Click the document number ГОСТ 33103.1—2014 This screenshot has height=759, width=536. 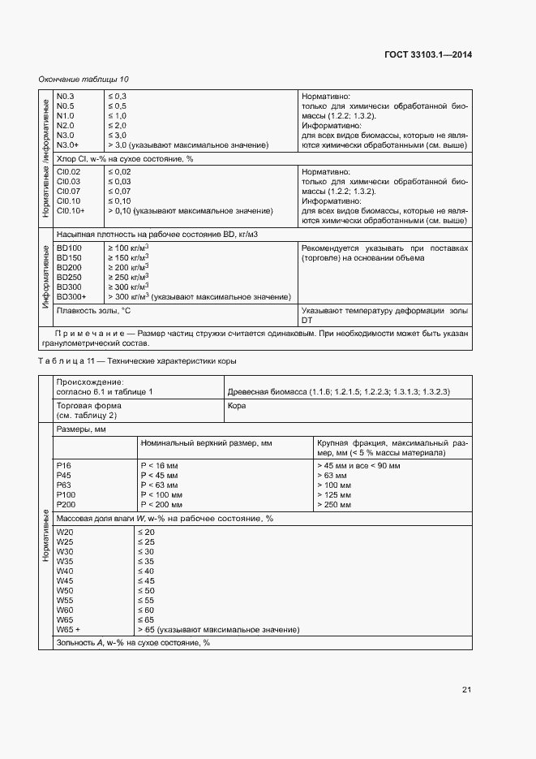pyautogui.click(x=428, y=54)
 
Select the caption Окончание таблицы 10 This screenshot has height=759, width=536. pyautogui.click(x=84, y=79)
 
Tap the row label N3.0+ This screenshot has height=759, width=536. pyautogui.click(x=68, y=144)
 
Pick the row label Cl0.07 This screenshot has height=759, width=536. pyautogui.click(x=68, y=192)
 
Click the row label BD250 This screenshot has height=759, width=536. pyautogui.click(x=69, y=277)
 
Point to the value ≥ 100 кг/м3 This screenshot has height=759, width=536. pyautogui.click(x=128, y=247)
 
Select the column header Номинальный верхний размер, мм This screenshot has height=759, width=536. pyautogui.click(x=206, y=443)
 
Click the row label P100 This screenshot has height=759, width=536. pyautogui.click(x=66, y=494)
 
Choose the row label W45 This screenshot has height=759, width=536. pyautogui.click(x=65, y=580)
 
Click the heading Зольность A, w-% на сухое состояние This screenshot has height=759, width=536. pyautogui.click(x=133, y=642)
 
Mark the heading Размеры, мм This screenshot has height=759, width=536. pyautogui.click(x=81, y=429)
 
